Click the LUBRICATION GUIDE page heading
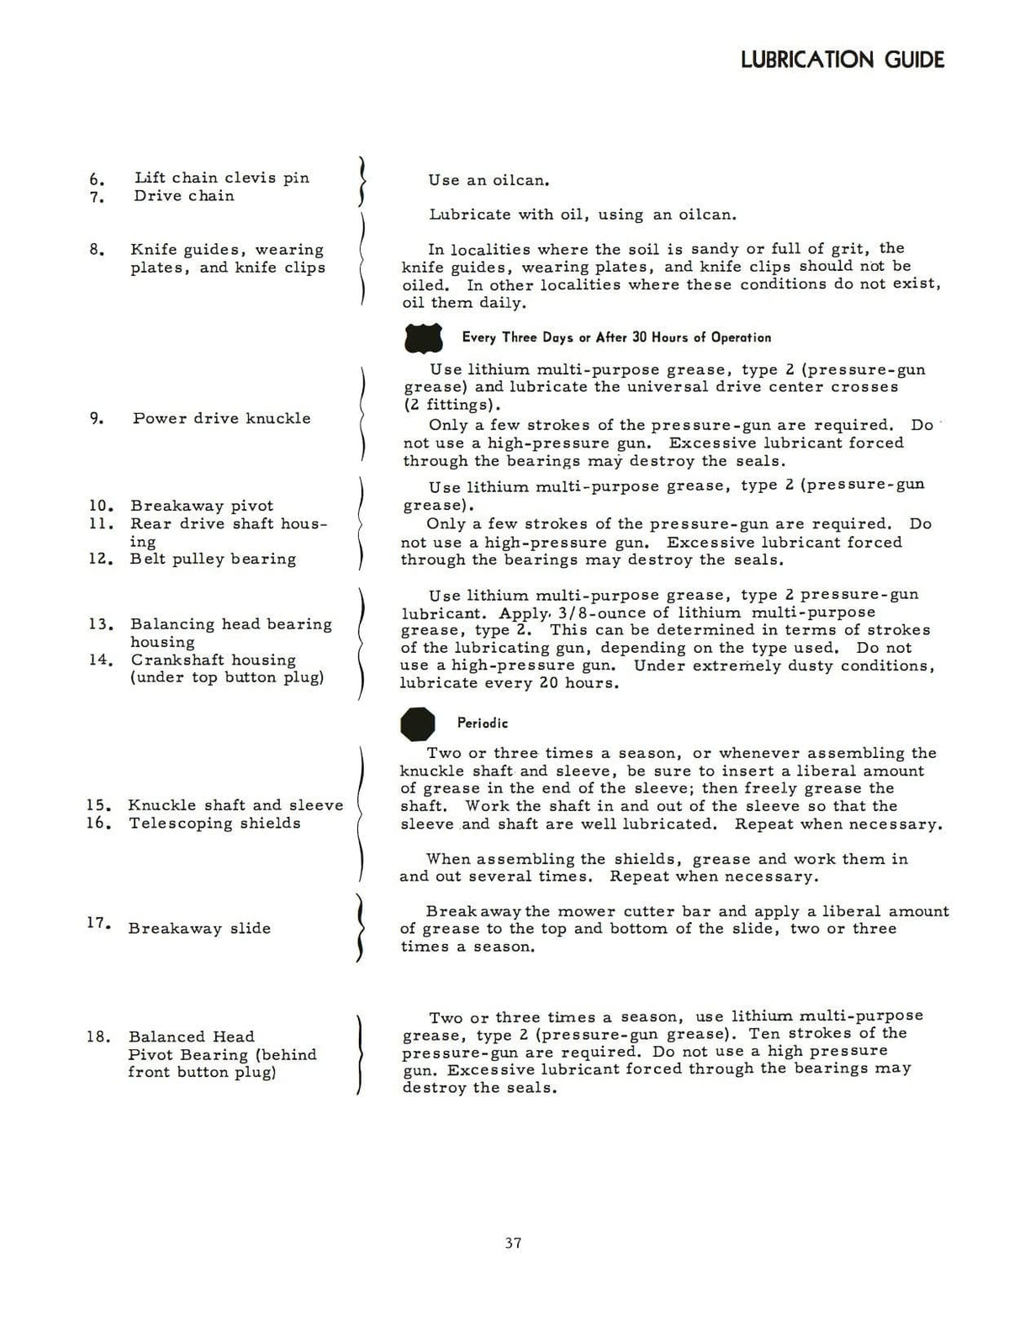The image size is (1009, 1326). coord(843,60)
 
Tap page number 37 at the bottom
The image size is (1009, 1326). coord(514,1243)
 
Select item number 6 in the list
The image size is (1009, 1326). coord(97,179)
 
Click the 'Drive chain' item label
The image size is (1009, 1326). coord(184,196)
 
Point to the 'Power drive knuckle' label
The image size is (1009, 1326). coord(221,418)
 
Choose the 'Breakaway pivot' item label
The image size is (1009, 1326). coord(202,506)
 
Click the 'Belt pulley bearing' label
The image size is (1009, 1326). coord(213,559)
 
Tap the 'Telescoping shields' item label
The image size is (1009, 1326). coord(214,823)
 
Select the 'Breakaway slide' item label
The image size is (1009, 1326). coord(199,928)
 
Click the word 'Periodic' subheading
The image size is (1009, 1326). coord(483,723)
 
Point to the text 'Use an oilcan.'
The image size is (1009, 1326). coord(489,180)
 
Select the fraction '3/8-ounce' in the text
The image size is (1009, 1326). coord(597,613)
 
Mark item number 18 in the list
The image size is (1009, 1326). coord(98,1037)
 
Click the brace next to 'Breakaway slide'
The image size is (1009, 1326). coord(360,928)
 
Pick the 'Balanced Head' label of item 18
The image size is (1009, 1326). coord(191,1037)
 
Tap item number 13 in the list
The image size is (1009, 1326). coord(100,624)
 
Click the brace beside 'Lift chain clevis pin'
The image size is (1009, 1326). coord(362,181)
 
